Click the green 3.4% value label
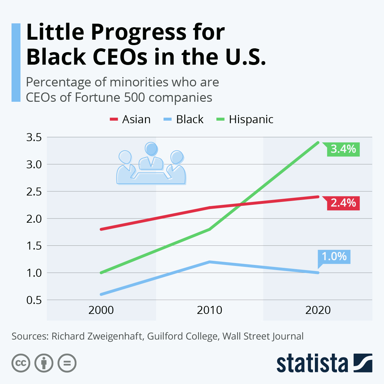click(343, 149)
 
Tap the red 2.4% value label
click(343, 203)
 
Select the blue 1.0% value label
click(334, 257)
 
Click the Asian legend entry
click(130, 119)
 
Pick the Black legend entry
click(184, 119)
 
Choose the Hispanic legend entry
click(245, 119)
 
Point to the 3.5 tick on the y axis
click(34, 138)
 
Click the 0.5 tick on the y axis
click(34, 300)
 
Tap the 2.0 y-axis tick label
click(34, 219)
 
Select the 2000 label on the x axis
click(101, 310)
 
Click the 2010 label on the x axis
click(210, 310)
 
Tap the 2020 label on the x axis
click(318, 310)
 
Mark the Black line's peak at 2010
click(210, 262)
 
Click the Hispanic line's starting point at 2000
click(101, 273)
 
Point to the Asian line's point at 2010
click(210, 208)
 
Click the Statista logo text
click(312, 364)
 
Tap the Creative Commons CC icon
click(21, 363)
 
